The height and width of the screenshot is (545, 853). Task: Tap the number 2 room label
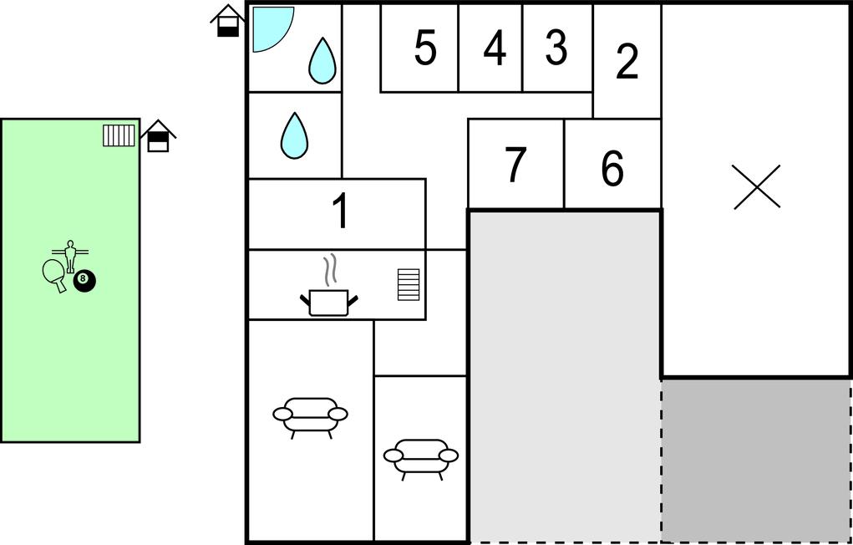[627, 62]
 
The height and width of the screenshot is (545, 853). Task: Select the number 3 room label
[556, 48]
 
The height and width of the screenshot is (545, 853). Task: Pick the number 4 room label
[495, 48]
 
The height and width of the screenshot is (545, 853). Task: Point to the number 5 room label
[425, 48]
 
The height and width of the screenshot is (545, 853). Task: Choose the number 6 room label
[612, 168]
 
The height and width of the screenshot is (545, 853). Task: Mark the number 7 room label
[515, 166]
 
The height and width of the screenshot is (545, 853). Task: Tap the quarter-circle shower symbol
[273, 29]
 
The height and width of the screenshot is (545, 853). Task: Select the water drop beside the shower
[322, 61]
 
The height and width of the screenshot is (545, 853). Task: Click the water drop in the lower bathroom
[294, 135]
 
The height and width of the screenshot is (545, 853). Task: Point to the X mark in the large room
[757, 186]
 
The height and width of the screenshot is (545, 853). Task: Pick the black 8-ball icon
[84, 281]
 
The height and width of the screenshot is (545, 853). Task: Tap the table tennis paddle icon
[54, 275]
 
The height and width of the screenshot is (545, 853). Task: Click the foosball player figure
[69, 255]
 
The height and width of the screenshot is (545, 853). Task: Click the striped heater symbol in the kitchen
[409, 285]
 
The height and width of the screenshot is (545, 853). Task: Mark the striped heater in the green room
[119, 135]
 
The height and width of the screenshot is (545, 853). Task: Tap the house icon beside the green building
[158, 136]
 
